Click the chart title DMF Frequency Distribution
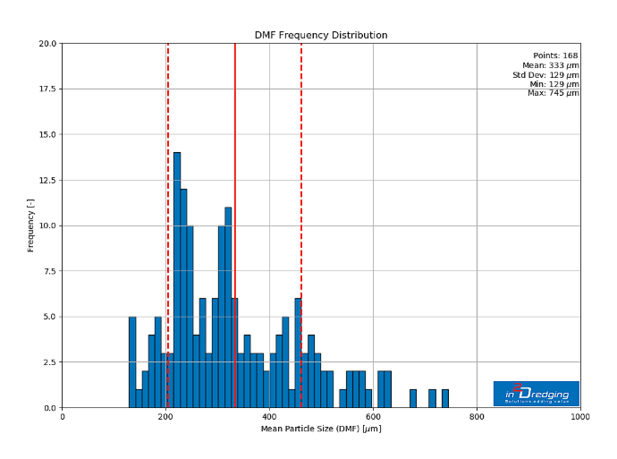coord(321,36)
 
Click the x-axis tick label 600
coord(373,417)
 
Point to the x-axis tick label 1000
coord(580,417)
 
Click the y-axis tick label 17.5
coord(45,89)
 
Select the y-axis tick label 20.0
coord(45,44)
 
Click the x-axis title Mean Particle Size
coord(321,429)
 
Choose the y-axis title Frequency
coord(30,225)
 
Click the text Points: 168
coord(555,55)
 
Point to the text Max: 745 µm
coord(553,93)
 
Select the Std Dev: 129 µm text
coord(545,74)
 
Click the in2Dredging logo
coord(537,394)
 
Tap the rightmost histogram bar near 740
coord(444,399)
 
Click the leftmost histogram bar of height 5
coord(132,362)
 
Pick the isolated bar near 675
coord(413,399)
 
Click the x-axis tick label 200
coord(165,417)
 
